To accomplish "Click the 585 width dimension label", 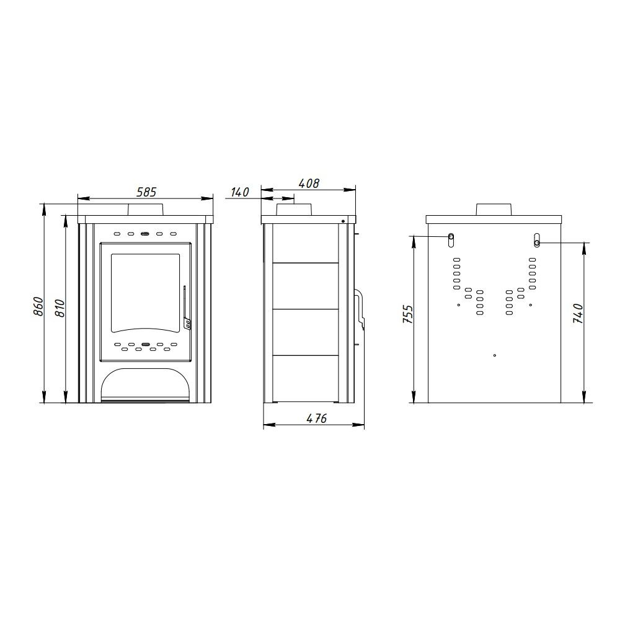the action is click(x=147, y=192).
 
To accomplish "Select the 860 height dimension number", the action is click(x=38, y=306).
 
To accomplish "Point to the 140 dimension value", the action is click(x=240, y=192).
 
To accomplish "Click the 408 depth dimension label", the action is click(x=309, y=184).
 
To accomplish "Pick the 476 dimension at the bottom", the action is click(x=316, y=418).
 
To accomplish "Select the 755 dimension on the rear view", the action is click(x=408, y=314).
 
